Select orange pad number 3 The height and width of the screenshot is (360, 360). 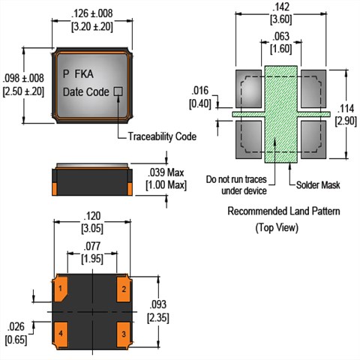point(124,335)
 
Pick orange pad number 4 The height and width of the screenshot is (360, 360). point(61,335)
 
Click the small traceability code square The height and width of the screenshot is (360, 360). point(118,91)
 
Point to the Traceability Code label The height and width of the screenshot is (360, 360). point(162,136)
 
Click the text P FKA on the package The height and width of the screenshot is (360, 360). point(78,74)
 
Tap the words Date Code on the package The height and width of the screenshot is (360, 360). point(85,92)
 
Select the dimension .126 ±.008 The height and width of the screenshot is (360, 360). point(92,13)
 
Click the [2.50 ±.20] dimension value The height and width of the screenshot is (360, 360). point(23,91)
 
